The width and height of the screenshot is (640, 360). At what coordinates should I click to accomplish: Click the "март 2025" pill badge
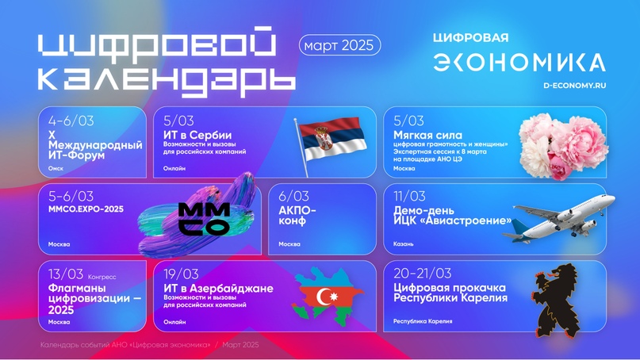tap(340, 45)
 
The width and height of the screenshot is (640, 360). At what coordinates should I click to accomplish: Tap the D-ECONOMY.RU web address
tap(574, 85)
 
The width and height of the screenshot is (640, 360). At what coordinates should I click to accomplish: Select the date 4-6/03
tap(71, 121)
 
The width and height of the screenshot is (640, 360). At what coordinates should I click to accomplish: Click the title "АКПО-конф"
tap(297, 216)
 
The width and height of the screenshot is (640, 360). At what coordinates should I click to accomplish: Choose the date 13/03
tap(65, 274)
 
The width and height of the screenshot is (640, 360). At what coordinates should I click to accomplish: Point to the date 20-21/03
tap(422, 274)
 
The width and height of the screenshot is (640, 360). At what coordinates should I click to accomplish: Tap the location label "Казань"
tap(403, 244)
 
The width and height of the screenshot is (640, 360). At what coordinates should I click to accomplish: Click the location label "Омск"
tap(56, 169)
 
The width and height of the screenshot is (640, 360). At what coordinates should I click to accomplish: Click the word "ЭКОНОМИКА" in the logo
tap(519, 63)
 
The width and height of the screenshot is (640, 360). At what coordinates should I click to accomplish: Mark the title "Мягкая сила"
tap(427, 136)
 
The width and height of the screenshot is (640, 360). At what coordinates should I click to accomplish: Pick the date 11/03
tap(409, 197)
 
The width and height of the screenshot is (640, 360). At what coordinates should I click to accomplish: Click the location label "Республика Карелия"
tap(423, 321)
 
